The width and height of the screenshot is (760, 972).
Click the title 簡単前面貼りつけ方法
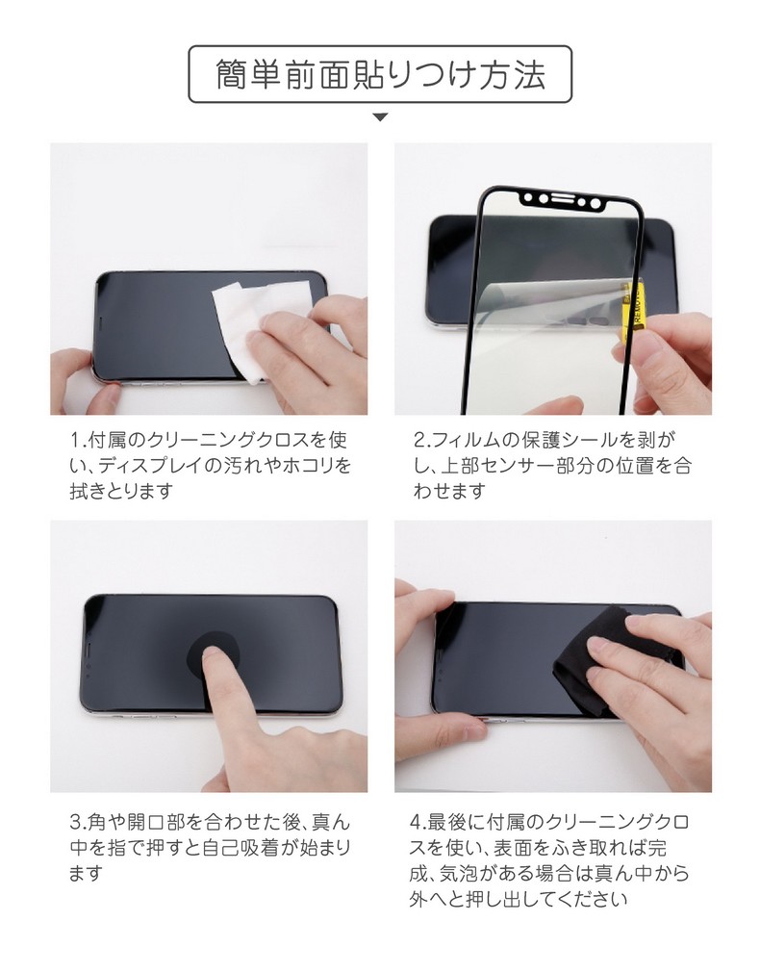(x=380, y=74)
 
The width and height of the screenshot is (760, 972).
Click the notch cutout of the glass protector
(x=562, y=200)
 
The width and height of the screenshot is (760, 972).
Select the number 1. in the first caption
(x=78, y=440)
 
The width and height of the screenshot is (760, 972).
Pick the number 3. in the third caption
(x=79, y=823)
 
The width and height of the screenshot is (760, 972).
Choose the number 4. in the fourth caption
(x=418, y=823)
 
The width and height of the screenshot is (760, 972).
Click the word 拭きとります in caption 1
(x=121, y=491)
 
